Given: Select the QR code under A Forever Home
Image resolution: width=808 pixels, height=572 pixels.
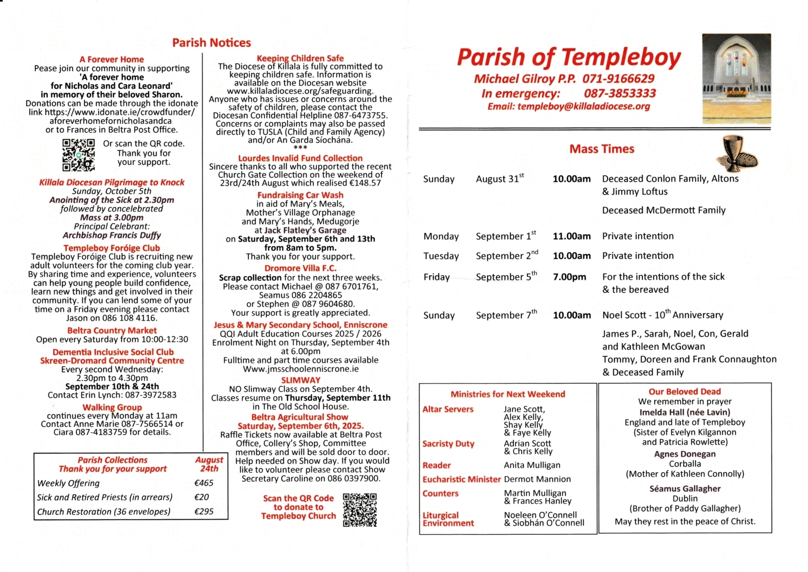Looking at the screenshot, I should click(79, 155).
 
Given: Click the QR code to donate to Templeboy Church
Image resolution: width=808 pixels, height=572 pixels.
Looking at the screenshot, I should click(360, 509).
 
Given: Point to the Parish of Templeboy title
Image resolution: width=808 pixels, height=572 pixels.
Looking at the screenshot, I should click(569, 57).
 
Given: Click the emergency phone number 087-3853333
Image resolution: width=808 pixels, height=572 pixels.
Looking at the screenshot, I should click(619, 93).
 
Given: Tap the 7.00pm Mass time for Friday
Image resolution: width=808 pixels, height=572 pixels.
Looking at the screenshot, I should click(569, 277).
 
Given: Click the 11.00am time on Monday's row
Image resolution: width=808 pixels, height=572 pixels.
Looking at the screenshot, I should click(572, 236).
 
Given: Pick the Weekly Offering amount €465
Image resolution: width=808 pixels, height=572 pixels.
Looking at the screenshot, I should click(204, 483).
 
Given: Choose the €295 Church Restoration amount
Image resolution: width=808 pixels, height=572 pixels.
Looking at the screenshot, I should click(204, 511).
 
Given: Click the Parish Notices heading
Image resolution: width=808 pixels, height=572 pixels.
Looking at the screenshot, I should click(211, 43).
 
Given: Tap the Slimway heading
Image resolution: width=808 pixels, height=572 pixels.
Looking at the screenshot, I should click(301, 380).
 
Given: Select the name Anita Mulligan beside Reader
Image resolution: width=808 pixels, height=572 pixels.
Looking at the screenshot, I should click(532, 465).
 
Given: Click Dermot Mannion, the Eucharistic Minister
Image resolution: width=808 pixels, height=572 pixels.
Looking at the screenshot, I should click(537, 479).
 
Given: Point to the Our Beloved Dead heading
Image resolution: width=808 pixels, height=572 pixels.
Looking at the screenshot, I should click(684, 391).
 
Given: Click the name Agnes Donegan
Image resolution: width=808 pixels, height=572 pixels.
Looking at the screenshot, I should click(685, 454).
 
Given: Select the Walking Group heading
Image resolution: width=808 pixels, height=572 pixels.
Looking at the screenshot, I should click(112, 407).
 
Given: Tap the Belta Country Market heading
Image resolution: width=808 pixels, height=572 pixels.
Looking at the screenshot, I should click(112, 330).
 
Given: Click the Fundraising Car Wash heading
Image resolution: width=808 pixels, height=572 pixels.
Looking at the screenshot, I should click(300, 195).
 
